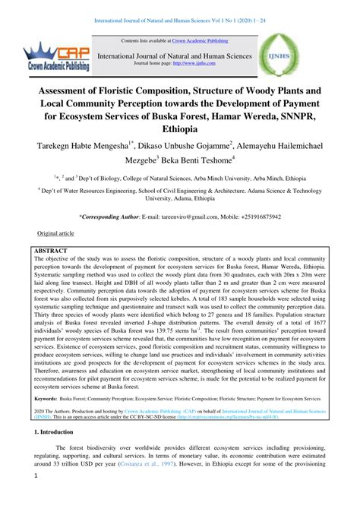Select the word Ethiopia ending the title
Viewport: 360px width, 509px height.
point(179,131)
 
